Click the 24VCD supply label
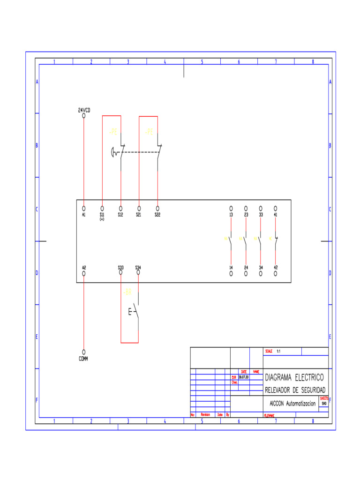(84, 110)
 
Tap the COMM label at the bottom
(84, 359)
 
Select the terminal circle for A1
(84, 208)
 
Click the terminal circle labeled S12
(120, 208)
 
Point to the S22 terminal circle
(157, 208)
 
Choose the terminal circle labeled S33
(121, 273)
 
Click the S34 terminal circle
(138, 273)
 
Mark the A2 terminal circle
(84, 273)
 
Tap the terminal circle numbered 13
(231, 208)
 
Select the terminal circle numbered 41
(276, 208)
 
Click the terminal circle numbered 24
(246, 273)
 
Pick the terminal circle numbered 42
(276, 273)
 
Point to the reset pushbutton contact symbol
(135, 311)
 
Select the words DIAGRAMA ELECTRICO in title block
(294, 377)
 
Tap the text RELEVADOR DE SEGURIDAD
(295, 390)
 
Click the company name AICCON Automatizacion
(292, 403)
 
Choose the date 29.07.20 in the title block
(244, 377)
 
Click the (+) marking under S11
(102, 219)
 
